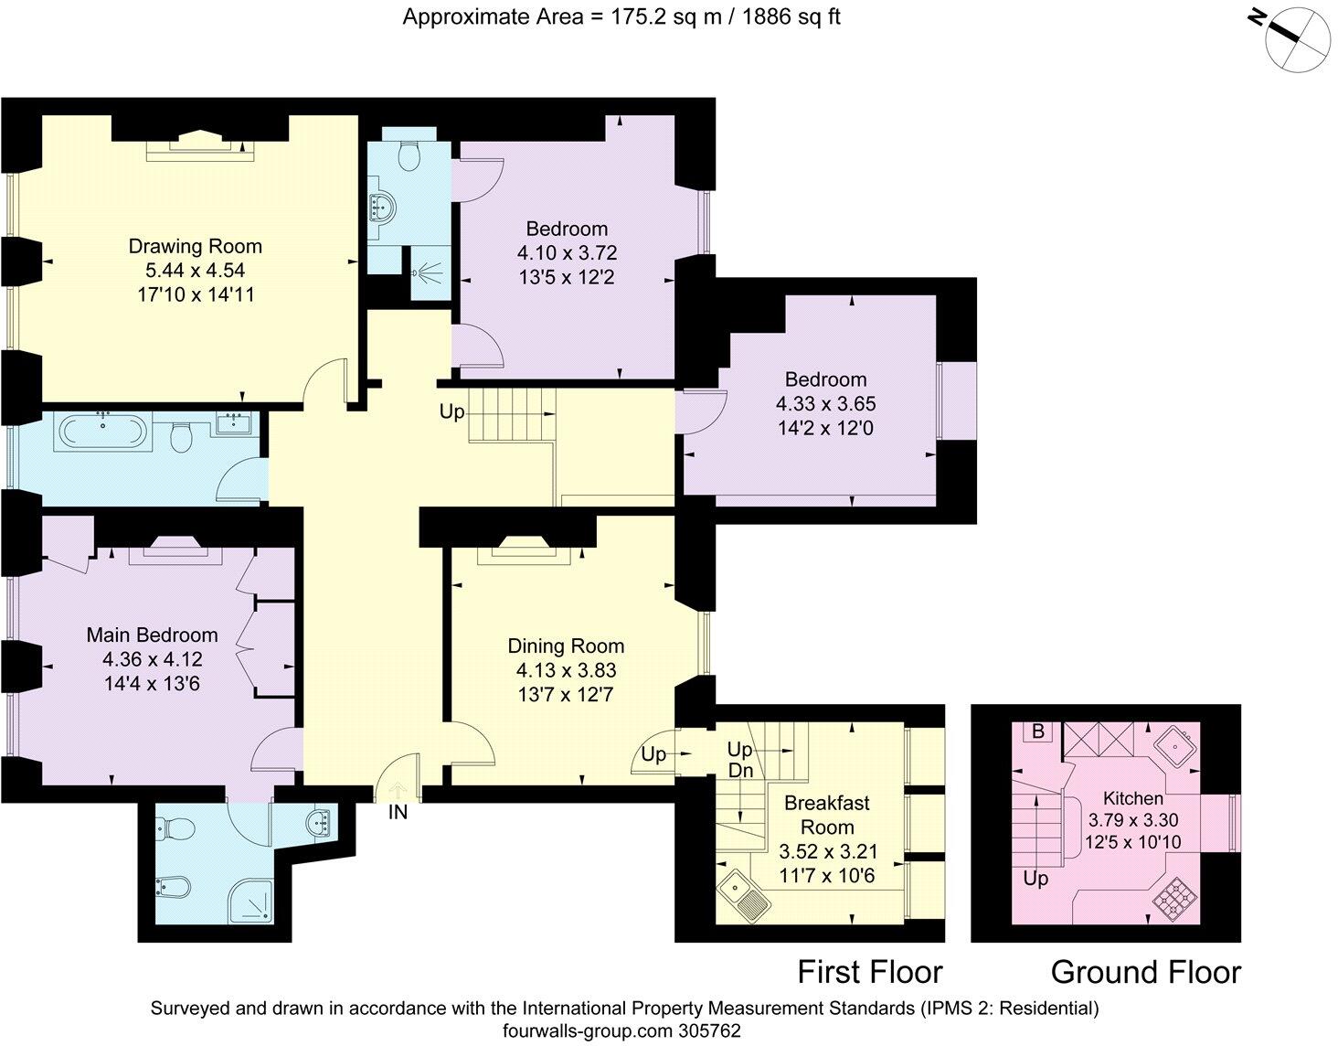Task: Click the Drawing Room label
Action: [196, 246]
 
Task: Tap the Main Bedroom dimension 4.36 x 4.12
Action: [152, 659]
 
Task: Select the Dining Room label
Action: [566, 646]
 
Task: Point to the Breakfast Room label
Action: [827, 815]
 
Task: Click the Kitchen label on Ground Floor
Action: [1133, 798]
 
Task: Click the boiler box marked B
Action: [1038, 731]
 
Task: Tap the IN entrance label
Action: [398, 813]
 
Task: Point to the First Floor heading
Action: [870, 971]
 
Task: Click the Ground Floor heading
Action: [1146, 971]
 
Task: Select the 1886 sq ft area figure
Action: [791, 16]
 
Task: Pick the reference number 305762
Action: [710, 1030]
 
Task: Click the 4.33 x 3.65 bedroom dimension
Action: [825, 403]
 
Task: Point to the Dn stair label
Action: [740, 771]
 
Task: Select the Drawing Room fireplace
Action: [200, 146]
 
